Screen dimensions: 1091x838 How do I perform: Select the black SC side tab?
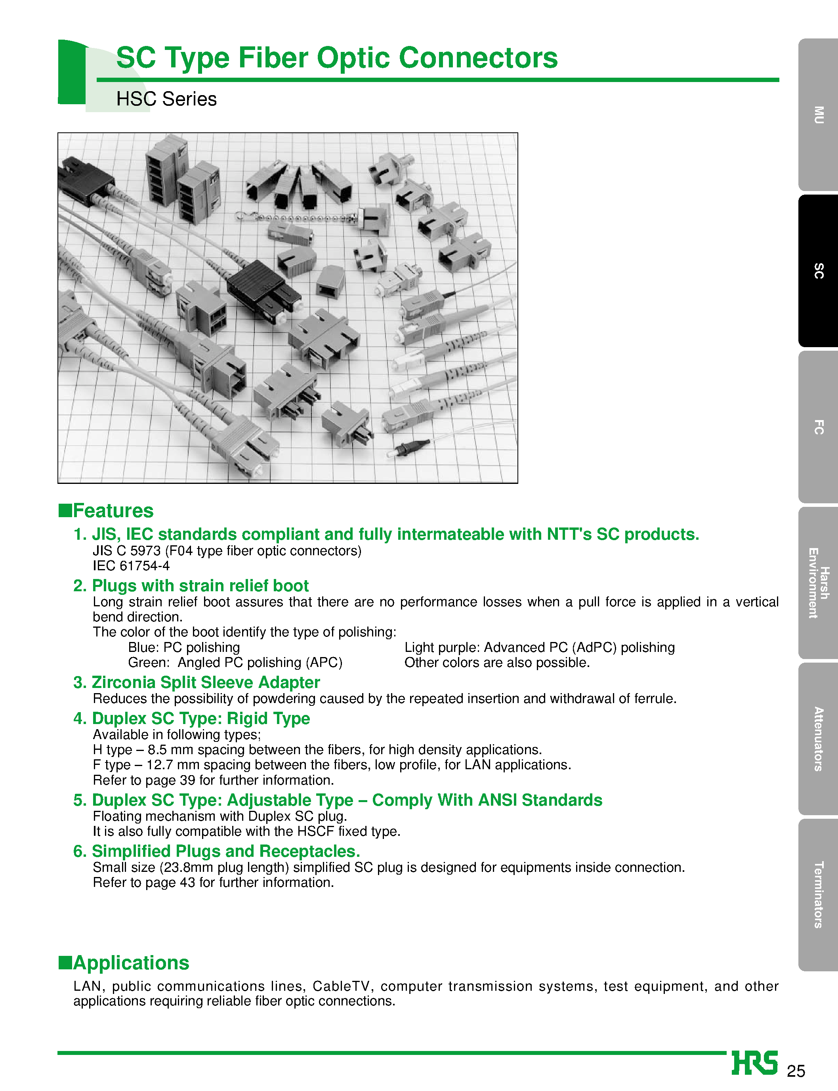tap(818, 271)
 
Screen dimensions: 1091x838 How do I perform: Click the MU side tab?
tap(818, 115)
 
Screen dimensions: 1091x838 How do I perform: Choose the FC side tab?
tap(818, 427)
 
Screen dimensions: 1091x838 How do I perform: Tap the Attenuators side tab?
tap(818, 738)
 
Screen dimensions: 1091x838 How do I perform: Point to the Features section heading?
tap(113, 510)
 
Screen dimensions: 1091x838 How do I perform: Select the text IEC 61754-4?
tap(131, 566)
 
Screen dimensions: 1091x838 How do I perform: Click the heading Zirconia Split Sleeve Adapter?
tap(206, 682)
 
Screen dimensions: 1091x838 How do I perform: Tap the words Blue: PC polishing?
tap(183, 647)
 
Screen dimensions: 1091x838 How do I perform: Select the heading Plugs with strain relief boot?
tap(200, 585)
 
